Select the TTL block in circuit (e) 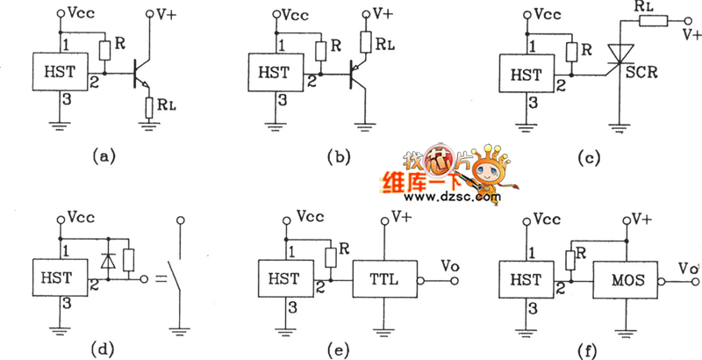click(x=383, y=280)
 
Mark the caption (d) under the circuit click(x=104, y=349)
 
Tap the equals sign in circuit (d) click(x=160, y=281)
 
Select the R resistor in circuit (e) click(x=331, y=256)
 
